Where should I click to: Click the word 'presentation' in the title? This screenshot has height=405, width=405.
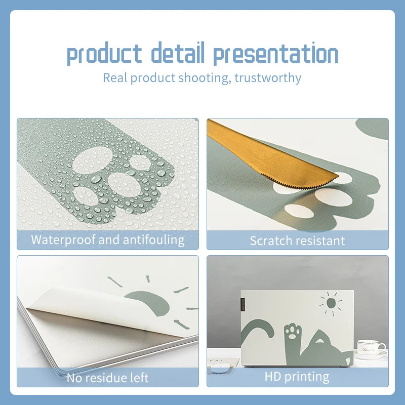275,54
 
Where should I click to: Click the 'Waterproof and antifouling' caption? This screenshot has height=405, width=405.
107,239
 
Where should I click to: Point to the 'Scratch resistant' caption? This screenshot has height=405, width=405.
297,240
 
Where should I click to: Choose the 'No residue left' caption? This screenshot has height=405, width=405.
107,378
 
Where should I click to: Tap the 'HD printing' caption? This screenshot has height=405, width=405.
297,377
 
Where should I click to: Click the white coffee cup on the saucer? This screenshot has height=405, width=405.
370,347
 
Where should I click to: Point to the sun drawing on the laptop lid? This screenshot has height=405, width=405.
331,303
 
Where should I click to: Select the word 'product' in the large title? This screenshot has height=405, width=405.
105,54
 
